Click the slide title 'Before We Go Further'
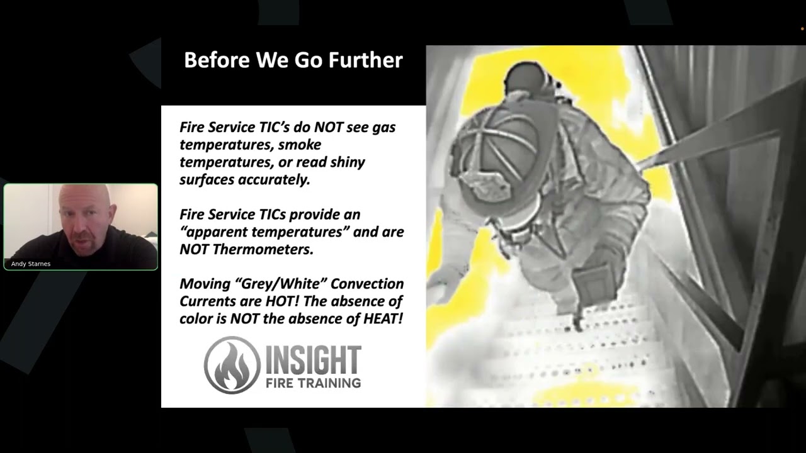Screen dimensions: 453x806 293,60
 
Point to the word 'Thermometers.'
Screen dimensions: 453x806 264,249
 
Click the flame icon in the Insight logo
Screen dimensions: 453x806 232,365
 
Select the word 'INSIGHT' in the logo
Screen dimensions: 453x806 312,360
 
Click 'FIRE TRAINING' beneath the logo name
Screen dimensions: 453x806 312,383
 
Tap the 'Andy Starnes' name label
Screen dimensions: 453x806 31,264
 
